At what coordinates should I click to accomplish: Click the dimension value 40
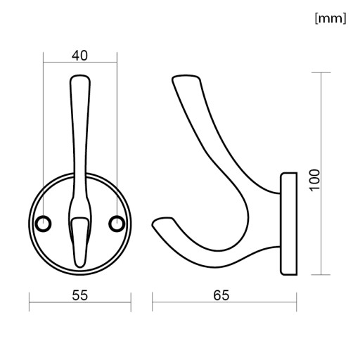point(79,56)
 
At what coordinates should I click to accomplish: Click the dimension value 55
point(79,295)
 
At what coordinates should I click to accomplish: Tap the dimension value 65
point(221,295)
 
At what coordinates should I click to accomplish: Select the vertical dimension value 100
point(315,180)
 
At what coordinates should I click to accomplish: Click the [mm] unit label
point(330,18)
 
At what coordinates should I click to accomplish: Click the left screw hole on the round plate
point(43,224)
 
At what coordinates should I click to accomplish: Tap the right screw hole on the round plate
point(117,224)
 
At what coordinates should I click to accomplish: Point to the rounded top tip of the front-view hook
point(80,76)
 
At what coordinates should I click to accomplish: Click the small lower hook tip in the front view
point(80,264)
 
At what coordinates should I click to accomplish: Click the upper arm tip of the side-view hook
point(185,77)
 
